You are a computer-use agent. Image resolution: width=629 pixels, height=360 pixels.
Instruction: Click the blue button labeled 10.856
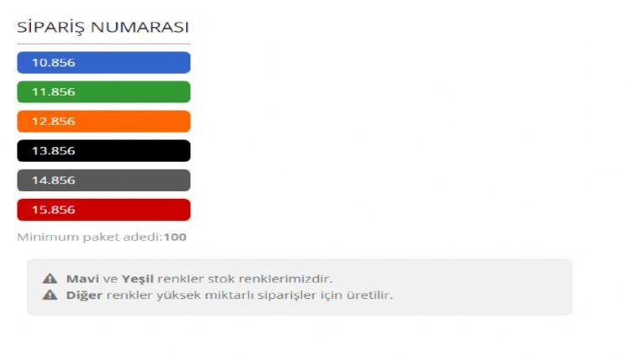pos(103,63)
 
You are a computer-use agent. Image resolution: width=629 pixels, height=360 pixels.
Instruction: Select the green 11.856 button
pos(103,92)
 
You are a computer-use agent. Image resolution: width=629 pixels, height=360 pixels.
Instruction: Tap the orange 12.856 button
pos(103,121)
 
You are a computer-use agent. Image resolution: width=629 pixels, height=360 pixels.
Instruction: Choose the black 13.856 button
pos(103,151)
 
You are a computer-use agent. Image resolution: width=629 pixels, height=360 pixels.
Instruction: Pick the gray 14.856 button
pos(103,180)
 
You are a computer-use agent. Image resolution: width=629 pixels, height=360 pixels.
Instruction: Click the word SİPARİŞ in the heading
pos(51,28)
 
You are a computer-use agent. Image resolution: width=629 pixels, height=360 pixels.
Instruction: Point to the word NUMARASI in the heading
pos(139,28)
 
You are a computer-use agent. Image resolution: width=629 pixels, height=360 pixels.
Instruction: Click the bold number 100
pos(175,237)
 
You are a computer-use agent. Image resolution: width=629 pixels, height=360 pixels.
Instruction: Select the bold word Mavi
pos(83,279)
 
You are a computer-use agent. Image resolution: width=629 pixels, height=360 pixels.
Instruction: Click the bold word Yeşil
pos(138,279)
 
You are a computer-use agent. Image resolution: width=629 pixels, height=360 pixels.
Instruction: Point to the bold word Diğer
pos(84,295)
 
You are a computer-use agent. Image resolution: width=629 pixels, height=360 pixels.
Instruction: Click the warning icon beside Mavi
pos(49,279)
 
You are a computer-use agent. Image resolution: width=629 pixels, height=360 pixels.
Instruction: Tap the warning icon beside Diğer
pos(49,295)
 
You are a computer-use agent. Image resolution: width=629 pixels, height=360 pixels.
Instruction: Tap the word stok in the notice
pos(221,279)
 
